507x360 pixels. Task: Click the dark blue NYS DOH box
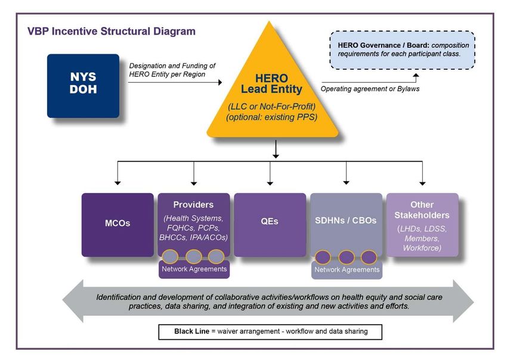(83, 86)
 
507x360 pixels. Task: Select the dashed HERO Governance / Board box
(402, 49)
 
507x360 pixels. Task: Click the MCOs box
(118, 225)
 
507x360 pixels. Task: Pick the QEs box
(270, 225)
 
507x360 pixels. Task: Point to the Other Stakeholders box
(422, 225)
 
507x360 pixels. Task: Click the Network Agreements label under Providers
(194, 269)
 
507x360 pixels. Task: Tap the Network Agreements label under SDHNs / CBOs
(347, 270)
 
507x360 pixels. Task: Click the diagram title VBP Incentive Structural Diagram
(112, 32)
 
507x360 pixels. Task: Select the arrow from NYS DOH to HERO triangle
(175, 82)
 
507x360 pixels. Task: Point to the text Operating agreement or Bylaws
(370, 89)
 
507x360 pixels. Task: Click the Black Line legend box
(270, 332)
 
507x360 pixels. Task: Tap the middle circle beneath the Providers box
(194, 257)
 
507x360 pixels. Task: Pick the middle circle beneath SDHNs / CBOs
(347, 257)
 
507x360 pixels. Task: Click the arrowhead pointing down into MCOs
(118, 183)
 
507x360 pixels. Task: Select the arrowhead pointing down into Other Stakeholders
(422, 183)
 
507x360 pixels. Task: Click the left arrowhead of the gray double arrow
(73, 301)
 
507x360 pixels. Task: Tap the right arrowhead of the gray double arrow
(463, 301)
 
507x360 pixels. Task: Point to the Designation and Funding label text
(172, 70)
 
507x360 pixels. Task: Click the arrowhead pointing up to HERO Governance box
(416, 75)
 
